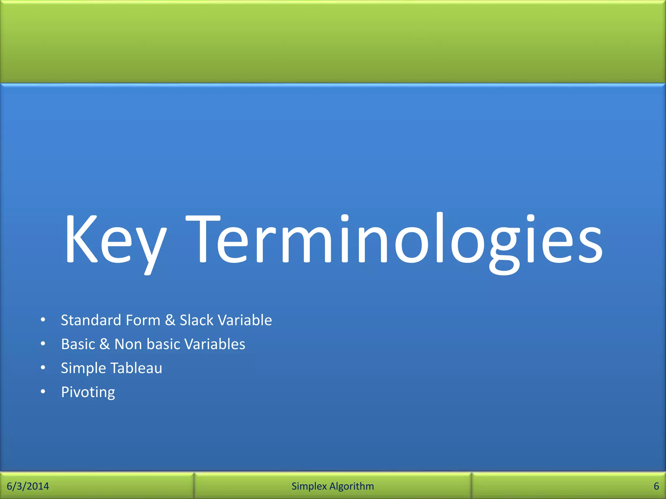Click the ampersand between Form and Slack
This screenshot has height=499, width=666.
point(170,320)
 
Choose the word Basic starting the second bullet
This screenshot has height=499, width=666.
point(78,344)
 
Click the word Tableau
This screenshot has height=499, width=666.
point(136,368)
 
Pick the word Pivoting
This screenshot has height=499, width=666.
point(88,392)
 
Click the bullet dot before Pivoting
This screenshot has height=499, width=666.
point(43,392)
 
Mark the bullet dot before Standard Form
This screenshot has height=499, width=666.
point(43,320)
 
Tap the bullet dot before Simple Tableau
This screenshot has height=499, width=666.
point(43,368)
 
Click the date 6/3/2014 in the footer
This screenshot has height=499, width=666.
point(28,486)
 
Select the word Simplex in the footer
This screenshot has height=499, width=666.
point(309,486)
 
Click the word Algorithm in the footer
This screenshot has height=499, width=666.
point(352,486)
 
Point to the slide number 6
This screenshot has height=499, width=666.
point(656,486)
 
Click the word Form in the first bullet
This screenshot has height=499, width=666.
point(143,320)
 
